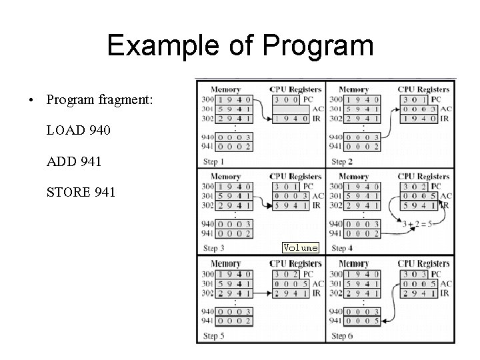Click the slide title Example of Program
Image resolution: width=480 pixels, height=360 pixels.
click(240, 46)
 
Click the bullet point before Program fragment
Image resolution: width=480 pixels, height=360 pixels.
click(31, 101)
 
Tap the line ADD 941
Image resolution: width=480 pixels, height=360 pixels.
click(75, 161)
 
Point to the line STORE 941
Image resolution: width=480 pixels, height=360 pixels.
click(81, 193)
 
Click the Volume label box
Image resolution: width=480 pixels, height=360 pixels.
click(300, 247)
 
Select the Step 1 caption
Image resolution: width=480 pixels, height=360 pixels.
click(213, 161)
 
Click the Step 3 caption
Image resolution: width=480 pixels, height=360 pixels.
click(213, 248)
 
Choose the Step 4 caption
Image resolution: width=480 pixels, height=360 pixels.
click(343, 248)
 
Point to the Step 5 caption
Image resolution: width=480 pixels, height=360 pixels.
click(213, 335)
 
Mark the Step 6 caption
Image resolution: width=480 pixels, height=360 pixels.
click(343, 335)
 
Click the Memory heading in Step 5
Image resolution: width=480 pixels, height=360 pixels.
click(225, 264)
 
